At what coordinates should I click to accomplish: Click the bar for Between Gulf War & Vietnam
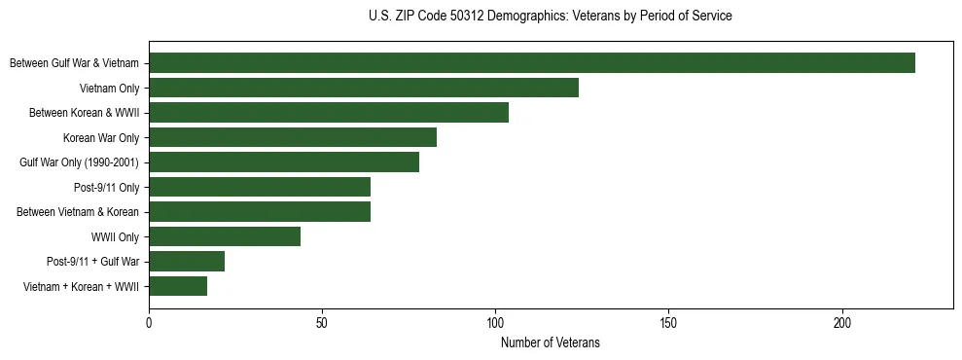click(x=532, y=63)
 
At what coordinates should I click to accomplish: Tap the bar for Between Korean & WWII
click(x=329, y=113)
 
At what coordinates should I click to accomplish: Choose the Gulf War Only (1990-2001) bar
click(x=284, y=162)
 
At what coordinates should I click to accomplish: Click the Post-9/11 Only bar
click(x=260, y=187)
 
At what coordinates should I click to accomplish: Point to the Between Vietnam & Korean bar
click(x=260, y=211)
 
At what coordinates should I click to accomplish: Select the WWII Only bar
click(x=225, y=236)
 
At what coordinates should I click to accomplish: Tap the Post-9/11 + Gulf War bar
click(x=187, y=261)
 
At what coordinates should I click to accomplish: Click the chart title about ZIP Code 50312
click(x=551, y=17)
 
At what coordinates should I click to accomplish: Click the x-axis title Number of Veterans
click(x=551, y=342)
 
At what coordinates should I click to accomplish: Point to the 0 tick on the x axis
click(x=149, y=321)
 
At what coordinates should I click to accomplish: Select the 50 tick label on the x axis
click(x=322, y=321)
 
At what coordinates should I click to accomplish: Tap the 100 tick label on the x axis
click(x=495, y=321)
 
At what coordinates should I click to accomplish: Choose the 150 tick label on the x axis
click(x=668, y=321)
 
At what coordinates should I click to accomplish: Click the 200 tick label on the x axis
click(x=842, y=321)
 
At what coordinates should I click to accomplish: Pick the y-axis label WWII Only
click(x=115, y=236)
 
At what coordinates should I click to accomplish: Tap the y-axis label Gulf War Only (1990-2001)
click(x=80, y=162)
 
